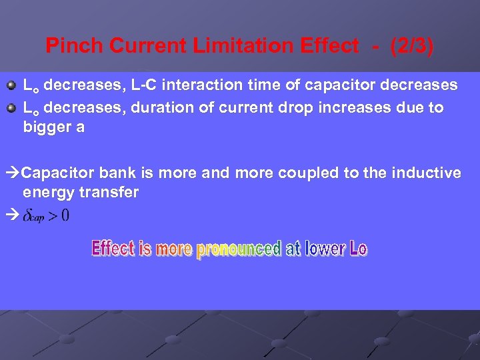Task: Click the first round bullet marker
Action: point(11,86)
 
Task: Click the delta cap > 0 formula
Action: point(46,215)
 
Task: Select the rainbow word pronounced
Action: point(238,249)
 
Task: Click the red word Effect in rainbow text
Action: point(113,249)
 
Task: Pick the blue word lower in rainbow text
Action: point(325,249)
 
